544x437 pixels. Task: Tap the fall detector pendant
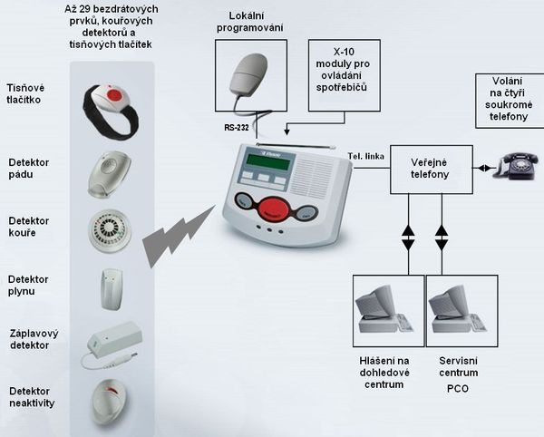[109, 172]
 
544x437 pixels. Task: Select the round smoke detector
[110, 231]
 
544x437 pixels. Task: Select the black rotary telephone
[520, 164]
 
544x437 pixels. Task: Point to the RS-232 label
[238, 128]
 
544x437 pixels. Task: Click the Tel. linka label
[364, 156]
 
